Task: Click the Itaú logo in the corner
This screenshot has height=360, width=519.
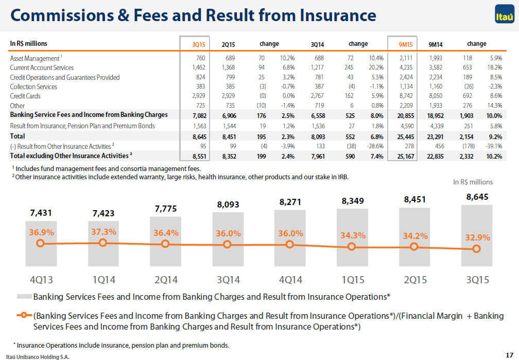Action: click(505, 14)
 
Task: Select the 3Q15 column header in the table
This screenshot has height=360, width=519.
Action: click(199, 44)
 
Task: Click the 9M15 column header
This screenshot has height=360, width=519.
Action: click(406, 44)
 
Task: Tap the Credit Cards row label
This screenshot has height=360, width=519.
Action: click(25, 96)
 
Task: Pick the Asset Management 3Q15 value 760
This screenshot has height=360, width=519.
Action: click(201, 58)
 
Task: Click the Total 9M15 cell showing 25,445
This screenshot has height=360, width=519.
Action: click(406, 137)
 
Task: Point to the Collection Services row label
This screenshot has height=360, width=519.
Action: click(33, 87)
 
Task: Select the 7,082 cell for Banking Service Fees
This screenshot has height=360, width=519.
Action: click(199, 115)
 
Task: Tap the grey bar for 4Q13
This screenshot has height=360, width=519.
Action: click(41, 244)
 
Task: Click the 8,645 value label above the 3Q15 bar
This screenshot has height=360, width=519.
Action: click(477, 197)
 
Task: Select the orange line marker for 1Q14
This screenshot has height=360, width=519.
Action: click(103, 243)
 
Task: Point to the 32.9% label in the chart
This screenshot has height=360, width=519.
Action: click(478, 237)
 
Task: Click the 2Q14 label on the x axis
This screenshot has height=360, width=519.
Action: click(166, 280)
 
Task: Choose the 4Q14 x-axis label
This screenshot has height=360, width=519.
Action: click(290, 280)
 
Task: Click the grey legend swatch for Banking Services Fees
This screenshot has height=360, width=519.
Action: click(25, 297)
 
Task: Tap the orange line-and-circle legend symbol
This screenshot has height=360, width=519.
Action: click(24, 315)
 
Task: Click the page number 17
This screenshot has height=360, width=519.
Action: click(509, 355)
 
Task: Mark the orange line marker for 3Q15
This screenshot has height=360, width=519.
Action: click(477, 248)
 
